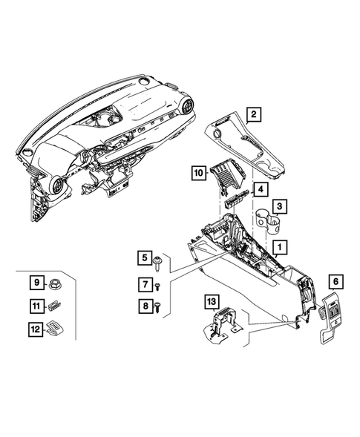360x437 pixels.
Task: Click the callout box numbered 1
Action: pos(280,246)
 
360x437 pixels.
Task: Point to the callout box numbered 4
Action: pos(261,189)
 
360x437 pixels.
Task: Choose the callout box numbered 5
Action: pos(143,258)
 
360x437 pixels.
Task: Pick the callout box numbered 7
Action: pos(143,283)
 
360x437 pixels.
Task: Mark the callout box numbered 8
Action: pos(143,304)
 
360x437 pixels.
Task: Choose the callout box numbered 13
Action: pos(212,300)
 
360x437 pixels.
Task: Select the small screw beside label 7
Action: pos(157,285)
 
